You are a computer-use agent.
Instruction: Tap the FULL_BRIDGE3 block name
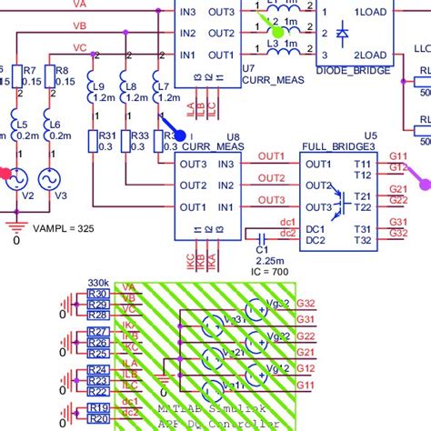pos(333,145)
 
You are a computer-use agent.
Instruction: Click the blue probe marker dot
pos(179,135)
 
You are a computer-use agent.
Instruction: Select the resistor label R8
pos(62,70)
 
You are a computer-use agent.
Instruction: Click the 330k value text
pos(97,283)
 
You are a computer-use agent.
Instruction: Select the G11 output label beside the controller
pos(305,386)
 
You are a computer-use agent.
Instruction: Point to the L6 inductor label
pos(54,124)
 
